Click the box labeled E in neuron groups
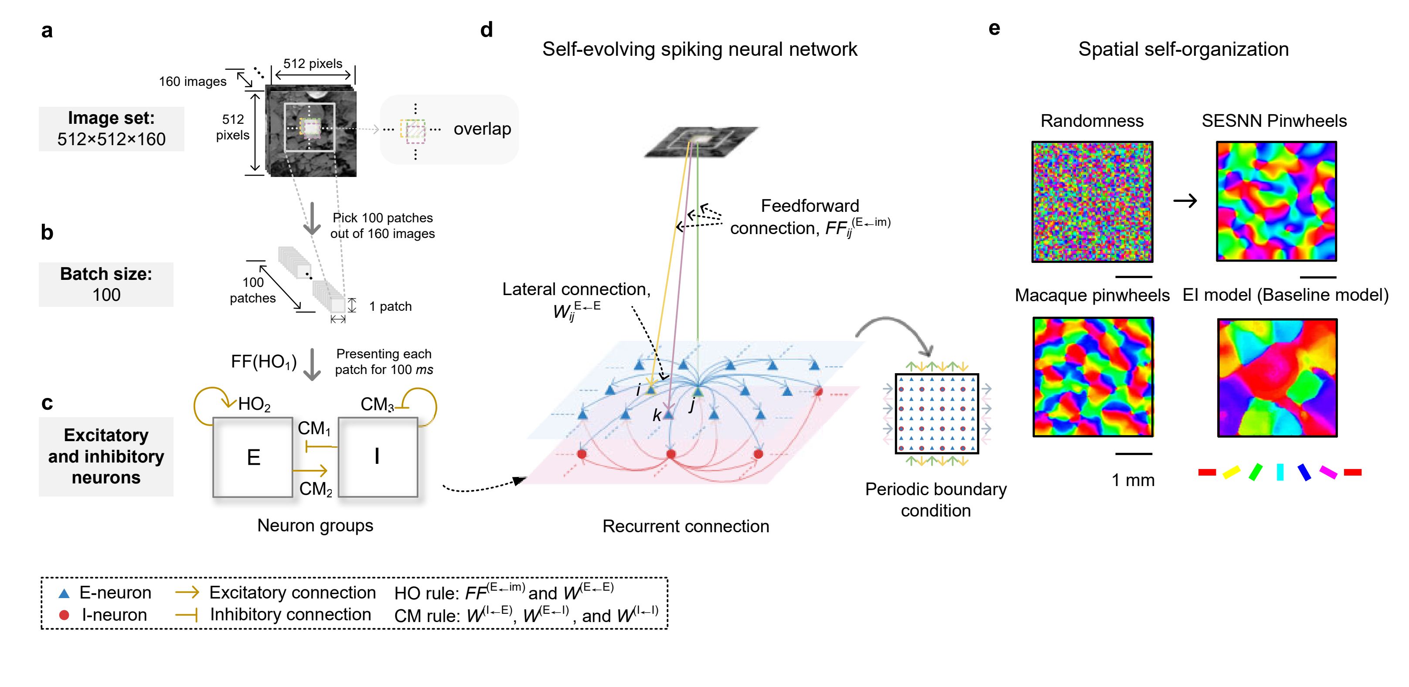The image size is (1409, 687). point(253,457)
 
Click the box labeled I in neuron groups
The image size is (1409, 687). point(378,457)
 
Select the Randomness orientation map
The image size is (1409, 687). point(1092,202)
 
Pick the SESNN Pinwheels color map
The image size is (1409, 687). point(1276,201)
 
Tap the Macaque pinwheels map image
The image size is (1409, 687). point(1093,377)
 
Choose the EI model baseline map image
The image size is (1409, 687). point(1277,378)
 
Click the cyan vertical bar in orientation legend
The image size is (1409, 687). point(1280,472)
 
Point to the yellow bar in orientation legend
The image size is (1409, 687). point(1231,472)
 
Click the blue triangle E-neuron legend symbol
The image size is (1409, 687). point(64,593)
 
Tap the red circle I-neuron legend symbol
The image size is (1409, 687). point(64,615)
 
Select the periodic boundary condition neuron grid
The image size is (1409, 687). point(936,414)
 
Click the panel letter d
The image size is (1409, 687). point(486,30)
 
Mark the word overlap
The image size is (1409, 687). point(483,129)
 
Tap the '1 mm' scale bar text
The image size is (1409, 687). point(1133,480)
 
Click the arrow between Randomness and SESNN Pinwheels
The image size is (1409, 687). point(1185,201)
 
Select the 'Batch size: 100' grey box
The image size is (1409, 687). point(106,284)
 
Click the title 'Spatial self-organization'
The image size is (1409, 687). point(1183,49)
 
